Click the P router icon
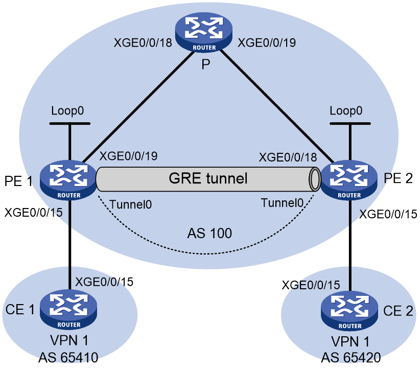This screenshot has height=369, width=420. click(x=203, y=32)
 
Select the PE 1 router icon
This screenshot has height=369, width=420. click(x=68, y=180)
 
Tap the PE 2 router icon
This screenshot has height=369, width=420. click(x=349, y=180)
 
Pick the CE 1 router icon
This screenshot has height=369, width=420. click(x=68, y=310)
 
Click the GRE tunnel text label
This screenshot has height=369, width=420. click(x=208, y=178)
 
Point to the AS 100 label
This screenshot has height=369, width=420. click(x=209, y=234)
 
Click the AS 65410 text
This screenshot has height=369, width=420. click(x=68, y=357)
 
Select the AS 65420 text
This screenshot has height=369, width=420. click(x=351, y=357)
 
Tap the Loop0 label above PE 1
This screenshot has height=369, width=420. click(x=67, y=111)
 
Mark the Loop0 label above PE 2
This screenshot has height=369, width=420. click(x=346, y=111)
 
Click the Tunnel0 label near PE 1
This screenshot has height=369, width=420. click(x=131, y=204)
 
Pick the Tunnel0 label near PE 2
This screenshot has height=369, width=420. click(x=282, y=203)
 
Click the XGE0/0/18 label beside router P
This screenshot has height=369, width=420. click(x=143, y=43)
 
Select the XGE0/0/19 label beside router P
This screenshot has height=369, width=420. click(x=267, y=43)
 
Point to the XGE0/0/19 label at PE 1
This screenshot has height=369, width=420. click(x=129, y=156)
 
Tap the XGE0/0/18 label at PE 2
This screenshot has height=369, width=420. click(x=288, y=157)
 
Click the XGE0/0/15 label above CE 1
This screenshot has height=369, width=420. click(x=104, y=282)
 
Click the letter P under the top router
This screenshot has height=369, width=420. click(x=206, y=64)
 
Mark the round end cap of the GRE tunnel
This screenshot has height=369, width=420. click(x=315, y=179)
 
